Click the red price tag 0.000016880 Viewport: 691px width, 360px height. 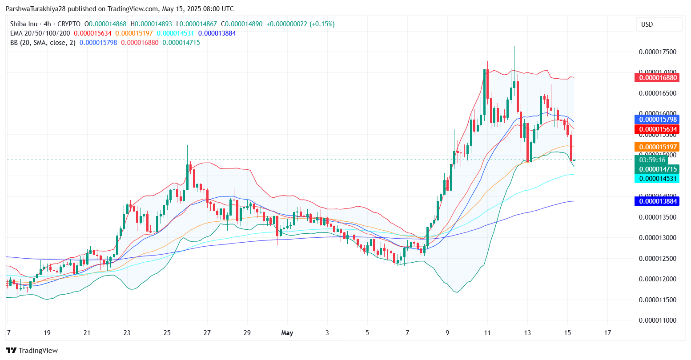pyautogui.click(x=658, y=78)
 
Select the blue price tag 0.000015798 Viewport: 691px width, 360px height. pyautogui.click(x=658, y=119)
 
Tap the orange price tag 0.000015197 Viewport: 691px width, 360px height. pyautogui.click(x=658, y=147)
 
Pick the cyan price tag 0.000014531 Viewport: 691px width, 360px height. pyautogui.click(x=658, y=179)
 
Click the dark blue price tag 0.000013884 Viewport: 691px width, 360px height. pyautogui.click(x=658, y=201)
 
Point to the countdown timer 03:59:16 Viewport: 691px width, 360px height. pyautogui.click(x=652, y=160)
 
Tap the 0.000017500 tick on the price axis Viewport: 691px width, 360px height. pyautogui.click(x=657, y=52)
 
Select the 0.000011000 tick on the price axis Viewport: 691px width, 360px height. pyautogui.click(x=657, y=320)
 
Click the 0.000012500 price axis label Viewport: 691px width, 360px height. pyautogui.click(x=657, y=258)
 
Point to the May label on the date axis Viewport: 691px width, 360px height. pyautogui.click(x=287, y=332)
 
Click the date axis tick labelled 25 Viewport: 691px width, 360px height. pyautogui.click(x=167, y=332)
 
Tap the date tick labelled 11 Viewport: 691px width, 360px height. pyautogui.click(x=487, y=332)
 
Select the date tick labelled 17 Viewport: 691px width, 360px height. pyautogui.click(x=607, y=332)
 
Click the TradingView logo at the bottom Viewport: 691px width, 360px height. pyautogui.click(x=32, y=350)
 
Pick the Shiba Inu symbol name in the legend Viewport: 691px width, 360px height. pyautogui.click(x=24, y=24)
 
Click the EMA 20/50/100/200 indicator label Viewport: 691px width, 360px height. pyautogui.click(x=40, y=33)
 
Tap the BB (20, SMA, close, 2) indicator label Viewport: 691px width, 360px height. pyautogui.click(x=43, y=43)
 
